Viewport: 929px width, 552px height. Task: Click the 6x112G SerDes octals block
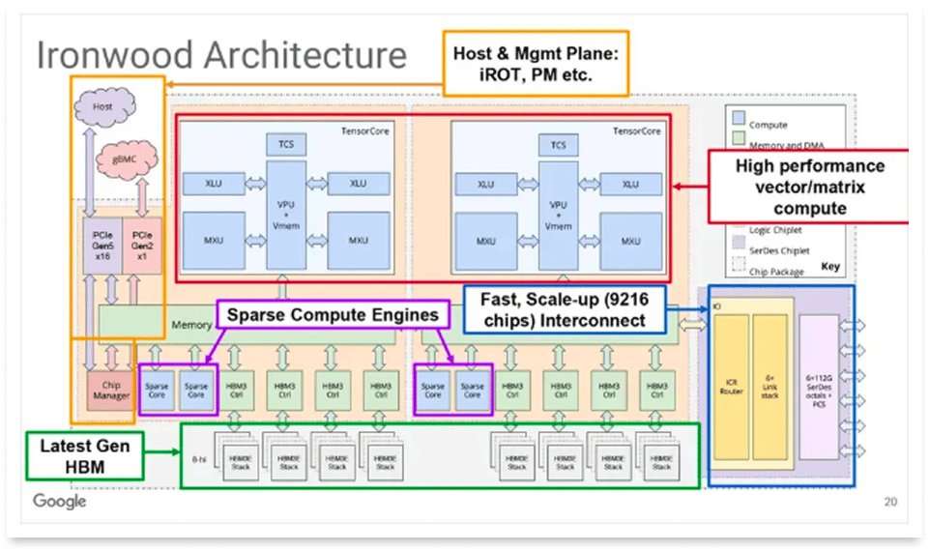tap(821, 386)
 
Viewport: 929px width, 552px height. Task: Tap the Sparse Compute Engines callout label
tap(334, 315)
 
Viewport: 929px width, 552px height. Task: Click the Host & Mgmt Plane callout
tap(535, 64)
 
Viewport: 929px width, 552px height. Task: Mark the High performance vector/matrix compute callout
tap(809, 187)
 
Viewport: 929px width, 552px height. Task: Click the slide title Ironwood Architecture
tap(221, 54)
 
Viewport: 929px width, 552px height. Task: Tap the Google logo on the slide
tap(60, 502)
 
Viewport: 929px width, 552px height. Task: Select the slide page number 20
tap(889, 502)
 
